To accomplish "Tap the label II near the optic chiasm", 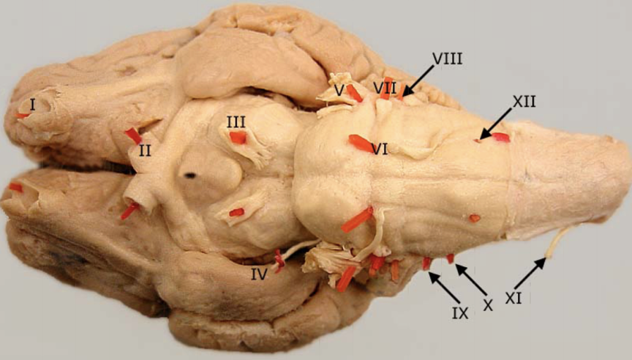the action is pos(146,151).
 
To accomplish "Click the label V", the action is pos(339,89).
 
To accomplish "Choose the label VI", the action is pos(379,149).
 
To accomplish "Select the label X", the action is pos(487,306).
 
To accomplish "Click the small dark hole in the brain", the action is pos(190,176).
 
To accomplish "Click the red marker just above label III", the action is pos(238,138).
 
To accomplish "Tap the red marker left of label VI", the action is pos(359,143).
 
